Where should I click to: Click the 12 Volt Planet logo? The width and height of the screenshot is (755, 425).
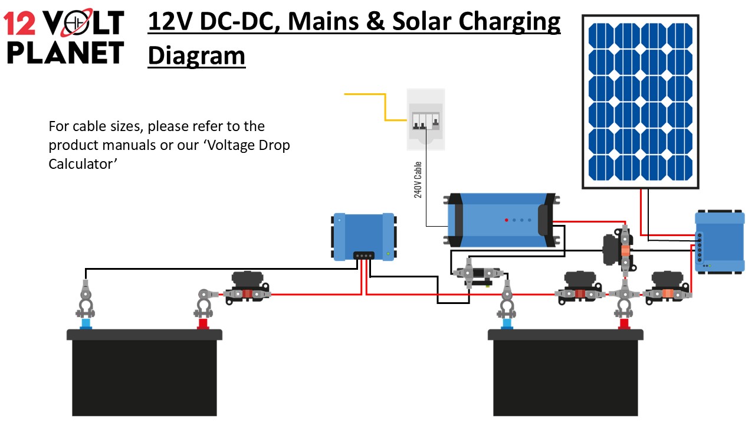pos(64,37)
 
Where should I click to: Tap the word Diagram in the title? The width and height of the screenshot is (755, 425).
pos(196,56)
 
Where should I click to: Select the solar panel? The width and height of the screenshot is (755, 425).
pos(641,102)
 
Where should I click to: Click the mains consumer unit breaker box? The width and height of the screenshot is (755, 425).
pos(425,119)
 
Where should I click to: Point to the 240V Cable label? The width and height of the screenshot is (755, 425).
pos(418,179)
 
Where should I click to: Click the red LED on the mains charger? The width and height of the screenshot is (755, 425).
pos(506,220)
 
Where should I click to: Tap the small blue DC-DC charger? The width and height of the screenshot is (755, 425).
pos(363,237)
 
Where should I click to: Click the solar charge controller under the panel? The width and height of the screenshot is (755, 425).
pos(720,241)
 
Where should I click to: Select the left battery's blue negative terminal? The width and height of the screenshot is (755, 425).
pos(86,323)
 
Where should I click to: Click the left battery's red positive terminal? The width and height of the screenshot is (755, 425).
pos(203,323)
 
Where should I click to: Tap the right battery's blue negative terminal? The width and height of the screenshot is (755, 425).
pos(506,323)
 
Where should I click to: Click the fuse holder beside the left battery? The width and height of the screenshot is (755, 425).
pos(248,287)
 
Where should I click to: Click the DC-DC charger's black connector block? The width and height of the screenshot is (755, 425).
pos(363,256)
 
